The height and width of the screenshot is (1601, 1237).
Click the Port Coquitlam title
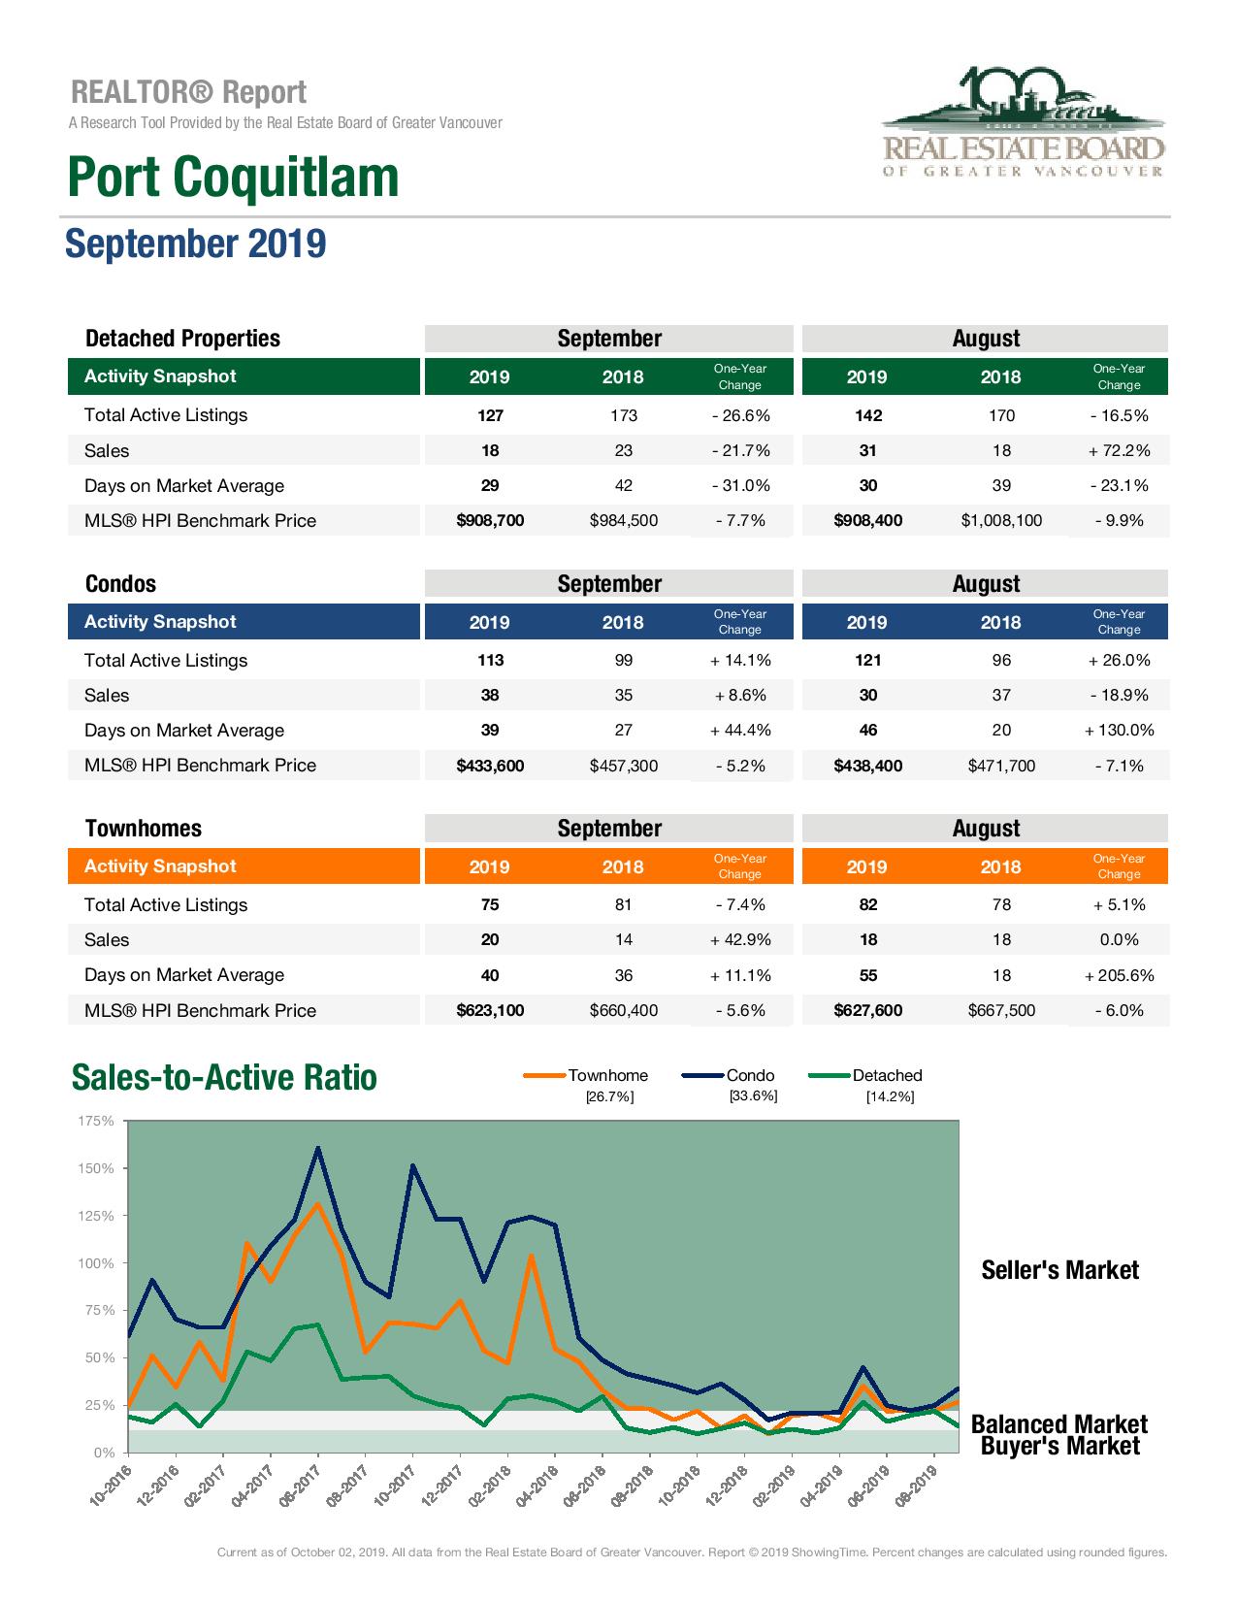(233, 177)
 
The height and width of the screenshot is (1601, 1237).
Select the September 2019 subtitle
(195, 244)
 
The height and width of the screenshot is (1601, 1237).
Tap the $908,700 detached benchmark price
(490, 521)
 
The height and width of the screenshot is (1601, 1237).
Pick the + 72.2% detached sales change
(1119, 450)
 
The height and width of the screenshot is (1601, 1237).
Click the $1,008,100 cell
(1001, 521)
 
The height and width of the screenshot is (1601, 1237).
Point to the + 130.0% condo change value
(1119, 731)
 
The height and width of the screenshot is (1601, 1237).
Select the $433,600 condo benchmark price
(490, 766)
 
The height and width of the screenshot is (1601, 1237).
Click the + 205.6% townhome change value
(1119, 975)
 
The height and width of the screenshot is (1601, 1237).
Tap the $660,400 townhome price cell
(623, 1010)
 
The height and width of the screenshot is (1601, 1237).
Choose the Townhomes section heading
(144, 829)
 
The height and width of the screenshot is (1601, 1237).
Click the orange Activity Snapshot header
(160, 866)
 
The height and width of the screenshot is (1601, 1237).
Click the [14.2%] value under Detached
(890, 1096)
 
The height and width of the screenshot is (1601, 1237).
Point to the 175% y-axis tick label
(95, 1122)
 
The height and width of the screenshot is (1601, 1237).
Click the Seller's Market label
(1059, 1270)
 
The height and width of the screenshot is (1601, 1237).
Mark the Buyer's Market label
(1059, 1446)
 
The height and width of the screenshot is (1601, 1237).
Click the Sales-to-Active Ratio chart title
(224, 1078)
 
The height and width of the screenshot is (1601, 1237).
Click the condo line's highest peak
(317, 1148)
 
